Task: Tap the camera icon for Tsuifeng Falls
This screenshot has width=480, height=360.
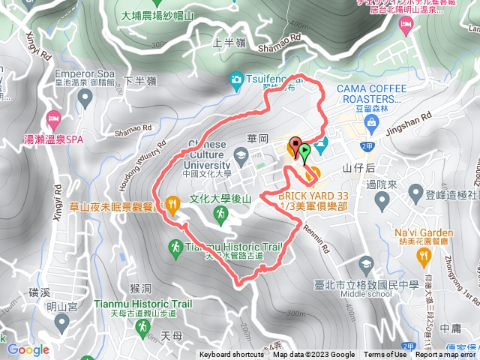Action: click(x=237, y=79)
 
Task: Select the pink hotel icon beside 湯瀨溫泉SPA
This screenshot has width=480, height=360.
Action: click(x=53, y=118)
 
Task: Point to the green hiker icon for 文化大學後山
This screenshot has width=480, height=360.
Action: click(x=220, y=214)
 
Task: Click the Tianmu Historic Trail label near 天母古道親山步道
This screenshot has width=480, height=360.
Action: click(x=143, y=304)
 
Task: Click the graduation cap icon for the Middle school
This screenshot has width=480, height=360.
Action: click(x=366, y=264)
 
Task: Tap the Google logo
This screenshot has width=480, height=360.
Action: click(x=28, y=349)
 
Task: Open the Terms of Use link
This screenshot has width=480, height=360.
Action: click(x=385, y=355)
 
